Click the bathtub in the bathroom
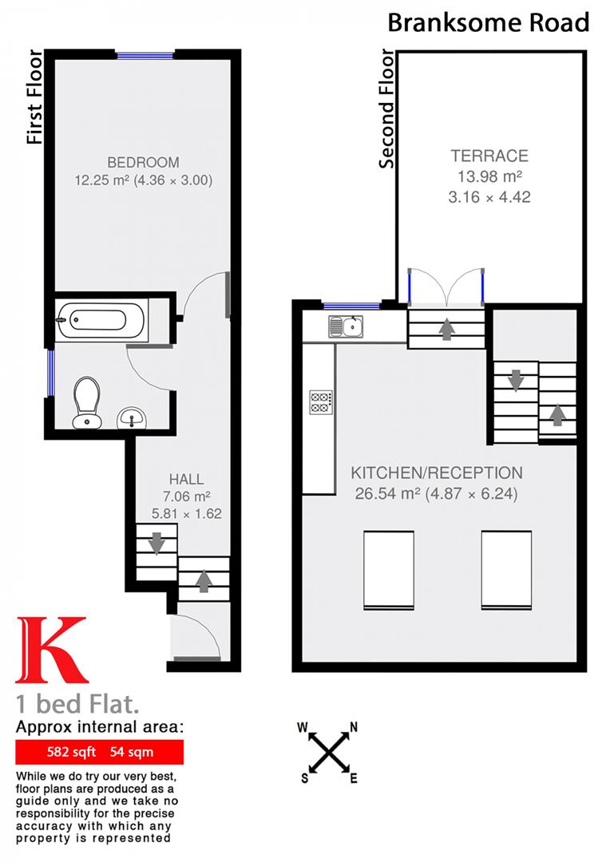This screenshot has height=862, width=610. coord(99,320)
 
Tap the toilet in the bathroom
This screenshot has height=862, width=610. coord(85,400)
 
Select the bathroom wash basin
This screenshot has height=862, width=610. coord(133,416)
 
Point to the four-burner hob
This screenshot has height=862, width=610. coord(321,401)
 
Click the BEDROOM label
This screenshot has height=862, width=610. coord(144,162)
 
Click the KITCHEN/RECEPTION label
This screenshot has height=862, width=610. coord(437,473)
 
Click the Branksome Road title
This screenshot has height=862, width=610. coord(488,22)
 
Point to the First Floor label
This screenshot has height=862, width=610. coord(34,97)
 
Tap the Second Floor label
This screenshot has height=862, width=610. coord(387,109)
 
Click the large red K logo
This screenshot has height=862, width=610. coord(51,651)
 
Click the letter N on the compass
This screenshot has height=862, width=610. coord(353,727)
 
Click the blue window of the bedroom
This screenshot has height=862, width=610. coord(145,55)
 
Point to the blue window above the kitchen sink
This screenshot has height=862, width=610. coord(352,305)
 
